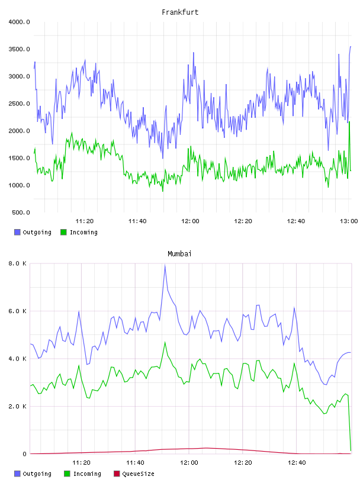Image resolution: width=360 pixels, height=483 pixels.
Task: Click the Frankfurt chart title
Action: click(x=180, y=12)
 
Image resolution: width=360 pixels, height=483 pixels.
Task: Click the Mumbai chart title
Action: click(x=179, y=254)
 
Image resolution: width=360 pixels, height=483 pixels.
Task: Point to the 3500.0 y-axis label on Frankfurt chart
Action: click(x=19, y=49)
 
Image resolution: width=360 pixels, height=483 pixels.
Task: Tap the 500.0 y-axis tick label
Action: click(x=21, y=212)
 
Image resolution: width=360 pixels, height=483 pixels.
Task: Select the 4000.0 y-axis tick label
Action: click(x=19, y=22)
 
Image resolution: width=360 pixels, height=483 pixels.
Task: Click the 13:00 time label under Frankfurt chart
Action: click(x=349, y=221)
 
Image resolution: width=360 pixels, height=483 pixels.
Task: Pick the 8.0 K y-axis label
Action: click(x=17, y=263)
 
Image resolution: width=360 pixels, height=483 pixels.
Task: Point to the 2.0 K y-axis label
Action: click(x=17, y=406)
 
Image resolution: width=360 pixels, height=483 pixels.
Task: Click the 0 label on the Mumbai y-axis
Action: click(x=24, y=454)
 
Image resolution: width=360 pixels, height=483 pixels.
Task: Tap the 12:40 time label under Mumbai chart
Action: click(x=297, y=463)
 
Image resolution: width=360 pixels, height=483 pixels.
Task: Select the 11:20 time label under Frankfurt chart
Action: click(x=85, y=221)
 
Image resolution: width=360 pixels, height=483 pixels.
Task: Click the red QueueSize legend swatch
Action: click(x=117, y=474)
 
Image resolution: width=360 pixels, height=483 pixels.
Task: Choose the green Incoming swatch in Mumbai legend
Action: click(x=67, y=474)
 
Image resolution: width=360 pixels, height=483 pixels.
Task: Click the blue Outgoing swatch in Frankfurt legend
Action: click(x=17, y=232)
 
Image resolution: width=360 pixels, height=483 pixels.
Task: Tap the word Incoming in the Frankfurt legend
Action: click(x=83, y=232)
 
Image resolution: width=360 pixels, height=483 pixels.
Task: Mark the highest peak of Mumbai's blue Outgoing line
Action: click(x=165, y=265)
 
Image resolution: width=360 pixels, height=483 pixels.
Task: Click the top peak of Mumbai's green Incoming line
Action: click(x=165, y=342)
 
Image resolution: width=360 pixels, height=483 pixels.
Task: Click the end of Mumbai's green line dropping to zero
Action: click(x=351, y=450)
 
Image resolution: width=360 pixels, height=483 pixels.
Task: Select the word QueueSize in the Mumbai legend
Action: click(x=139, y=474)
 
